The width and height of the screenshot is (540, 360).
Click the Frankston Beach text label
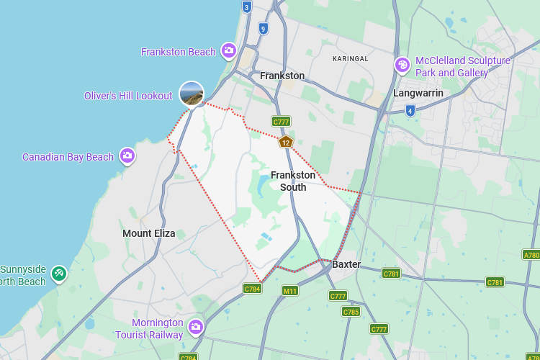coord(178,52)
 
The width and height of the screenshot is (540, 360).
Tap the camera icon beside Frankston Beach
coord(229,50)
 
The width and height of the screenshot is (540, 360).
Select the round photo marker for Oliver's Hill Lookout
coord(192,94)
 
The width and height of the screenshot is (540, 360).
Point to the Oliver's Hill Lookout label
coord(128,96)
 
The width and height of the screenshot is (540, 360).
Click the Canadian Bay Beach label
coord(68,157)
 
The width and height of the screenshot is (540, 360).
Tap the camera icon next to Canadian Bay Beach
coord(127,156)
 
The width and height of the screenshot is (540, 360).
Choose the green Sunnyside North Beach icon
coord(59,274)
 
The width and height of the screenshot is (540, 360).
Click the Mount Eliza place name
coord(148,233)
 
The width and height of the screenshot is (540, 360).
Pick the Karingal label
coord(350,58)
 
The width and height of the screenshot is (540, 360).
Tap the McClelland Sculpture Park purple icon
coord(402,66)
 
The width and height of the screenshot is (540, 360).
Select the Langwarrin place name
coord(418,93)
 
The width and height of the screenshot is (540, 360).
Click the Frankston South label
coord(293,181)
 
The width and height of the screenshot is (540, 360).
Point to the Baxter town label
coord(346,264)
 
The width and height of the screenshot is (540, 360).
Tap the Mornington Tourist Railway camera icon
coord(195,328)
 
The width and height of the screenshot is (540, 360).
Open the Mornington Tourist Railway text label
coord(149,328)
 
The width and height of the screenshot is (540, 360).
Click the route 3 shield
coord(247,7)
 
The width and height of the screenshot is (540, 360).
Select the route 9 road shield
coord(264,29)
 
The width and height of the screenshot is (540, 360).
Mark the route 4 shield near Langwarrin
coord(410,110)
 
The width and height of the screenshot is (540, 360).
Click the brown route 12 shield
coord(286,142)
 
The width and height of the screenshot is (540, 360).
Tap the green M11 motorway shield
coord(290,291)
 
